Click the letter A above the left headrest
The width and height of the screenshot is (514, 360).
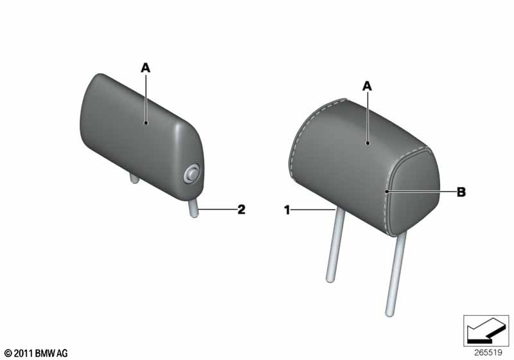[146, 68]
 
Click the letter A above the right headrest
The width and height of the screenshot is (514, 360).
[367, 86]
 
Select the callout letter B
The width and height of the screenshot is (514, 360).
[461, 192]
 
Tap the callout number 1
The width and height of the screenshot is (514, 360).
[287, 210]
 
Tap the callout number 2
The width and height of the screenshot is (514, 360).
[242, 209]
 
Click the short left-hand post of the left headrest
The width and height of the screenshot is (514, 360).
[134, 179]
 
